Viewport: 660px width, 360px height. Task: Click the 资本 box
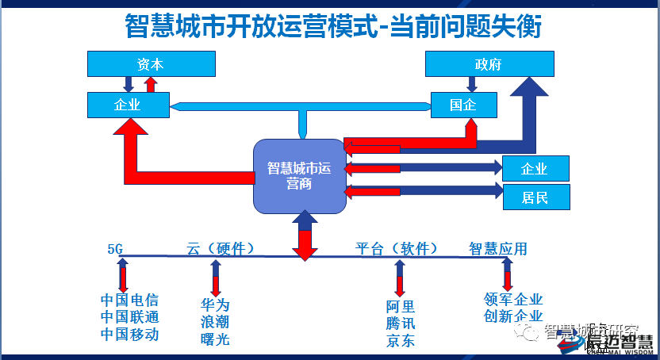click(x=151, y=64)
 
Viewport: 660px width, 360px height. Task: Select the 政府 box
click(x=488, y=64)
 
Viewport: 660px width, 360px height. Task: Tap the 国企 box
click(x=463, y=105)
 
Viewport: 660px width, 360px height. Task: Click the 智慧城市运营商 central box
click(x=299, y=176)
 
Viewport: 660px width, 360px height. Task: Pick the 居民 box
click(x=535, y=197)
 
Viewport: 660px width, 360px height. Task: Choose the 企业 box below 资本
click(x=128, y=104)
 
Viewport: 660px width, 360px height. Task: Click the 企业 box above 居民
click(x=535, y=168)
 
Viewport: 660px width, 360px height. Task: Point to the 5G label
click(x=115, y=249)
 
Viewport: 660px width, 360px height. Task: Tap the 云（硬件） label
click(x=221, y=249)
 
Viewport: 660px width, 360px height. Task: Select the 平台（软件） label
click(x=397, y=249)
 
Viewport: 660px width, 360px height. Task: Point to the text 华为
click(x=215, y=304)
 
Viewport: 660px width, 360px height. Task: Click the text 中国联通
click(x=129, y=317)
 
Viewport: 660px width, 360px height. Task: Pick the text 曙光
click(x=215, y=339)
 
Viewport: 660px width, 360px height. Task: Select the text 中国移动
click(x=129, y=335)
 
